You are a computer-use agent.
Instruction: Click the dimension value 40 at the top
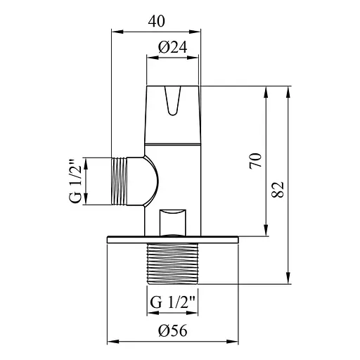pos(157,21)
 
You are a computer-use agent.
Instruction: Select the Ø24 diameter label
pos(172,47)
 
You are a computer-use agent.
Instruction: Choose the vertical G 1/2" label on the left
pos(75,182)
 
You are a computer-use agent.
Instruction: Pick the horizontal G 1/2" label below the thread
pos(172,303)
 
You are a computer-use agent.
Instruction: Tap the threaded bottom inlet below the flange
pos(172,263)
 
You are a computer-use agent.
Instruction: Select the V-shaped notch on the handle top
pos(172,100)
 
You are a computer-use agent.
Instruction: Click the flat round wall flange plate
pos(172,239)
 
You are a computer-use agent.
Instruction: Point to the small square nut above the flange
pos(172,221)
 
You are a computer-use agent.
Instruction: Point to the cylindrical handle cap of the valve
pos(172,116)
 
